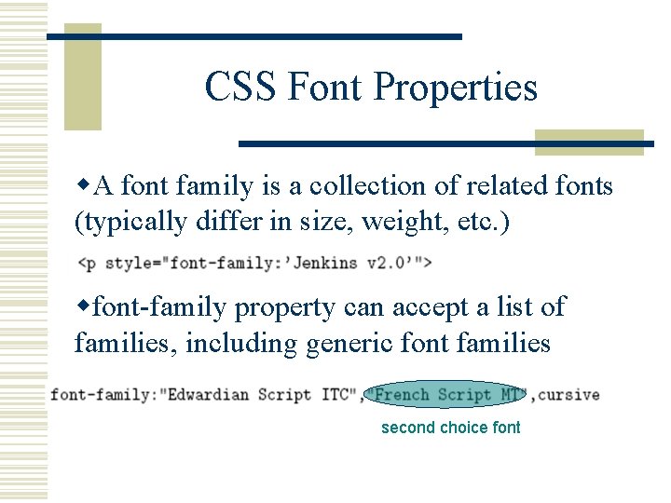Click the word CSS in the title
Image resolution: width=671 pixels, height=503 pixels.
(x=240, y=88)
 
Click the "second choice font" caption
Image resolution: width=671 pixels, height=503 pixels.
(x=450, y=428)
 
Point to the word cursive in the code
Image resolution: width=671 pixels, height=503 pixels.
(x=568, y=394)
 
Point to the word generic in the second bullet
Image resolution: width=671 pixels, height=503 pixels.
(x=343, y=344)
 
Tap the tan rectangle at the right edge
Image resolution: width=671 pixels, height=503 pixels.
(x=589, y=143)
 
